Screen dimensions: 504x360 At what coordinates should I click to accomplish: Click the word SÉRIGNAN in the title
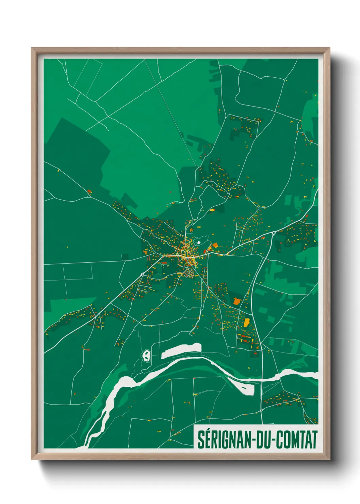[223, 439]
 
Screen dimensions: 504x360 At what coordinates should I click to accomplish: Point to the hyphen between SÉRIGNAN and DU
[252, 440]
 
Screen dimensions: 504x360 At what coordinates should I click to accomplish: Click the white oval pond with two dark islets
[146, 356]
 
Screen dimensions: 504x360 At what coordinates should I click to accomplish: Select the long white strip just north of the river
[181, 350]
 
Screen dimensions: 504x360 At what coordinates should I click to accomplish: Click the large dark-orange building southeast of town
[237, 301]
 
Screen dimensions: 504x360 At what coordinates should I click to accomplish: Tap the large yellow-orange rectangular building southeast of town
[247, 322]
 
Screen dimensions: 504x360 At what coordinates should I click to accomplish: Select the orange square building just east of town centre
[215, 245]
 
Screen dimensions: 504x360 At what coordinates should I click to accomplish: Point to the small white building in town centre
[198, 242]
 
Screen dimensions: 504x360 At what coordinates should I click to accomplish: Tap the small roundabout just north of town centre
[193, 225]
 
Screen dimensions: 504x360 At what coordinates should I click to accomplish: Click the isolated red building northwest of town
[89, 191]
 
